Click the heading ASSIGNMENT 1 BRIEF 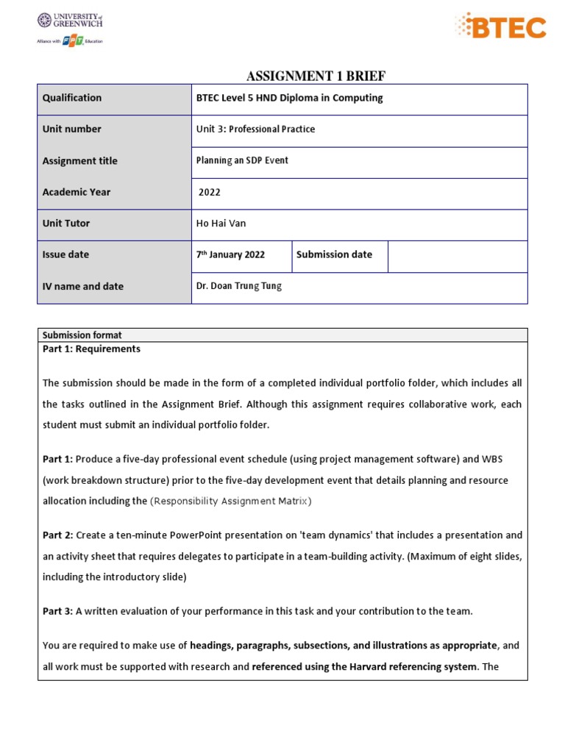point(315,76)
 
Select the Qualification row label point(72,98)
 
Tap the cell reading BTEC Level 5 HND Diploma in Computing point(289,98)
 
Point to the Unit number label point(72,129)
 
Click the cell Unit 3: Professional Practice point(255,129)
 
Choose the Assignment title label point(79,161)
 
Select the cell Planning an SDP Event point(242,161)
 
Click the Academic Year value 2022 point(210,193)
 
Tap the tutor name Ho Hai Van point(221,224)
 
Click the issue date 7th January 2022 point(230,255)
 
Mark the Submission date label point(334,255)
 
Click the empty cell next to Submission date point(457,256)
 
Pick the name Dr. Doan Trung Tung point(239,287)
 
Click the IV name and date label point(83,287)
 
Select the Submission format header point(82,335)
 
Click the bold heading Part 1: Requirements point(91,349)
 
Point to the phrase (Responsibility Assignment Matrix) point(231,502)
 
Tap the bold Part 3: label point(57,611)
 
